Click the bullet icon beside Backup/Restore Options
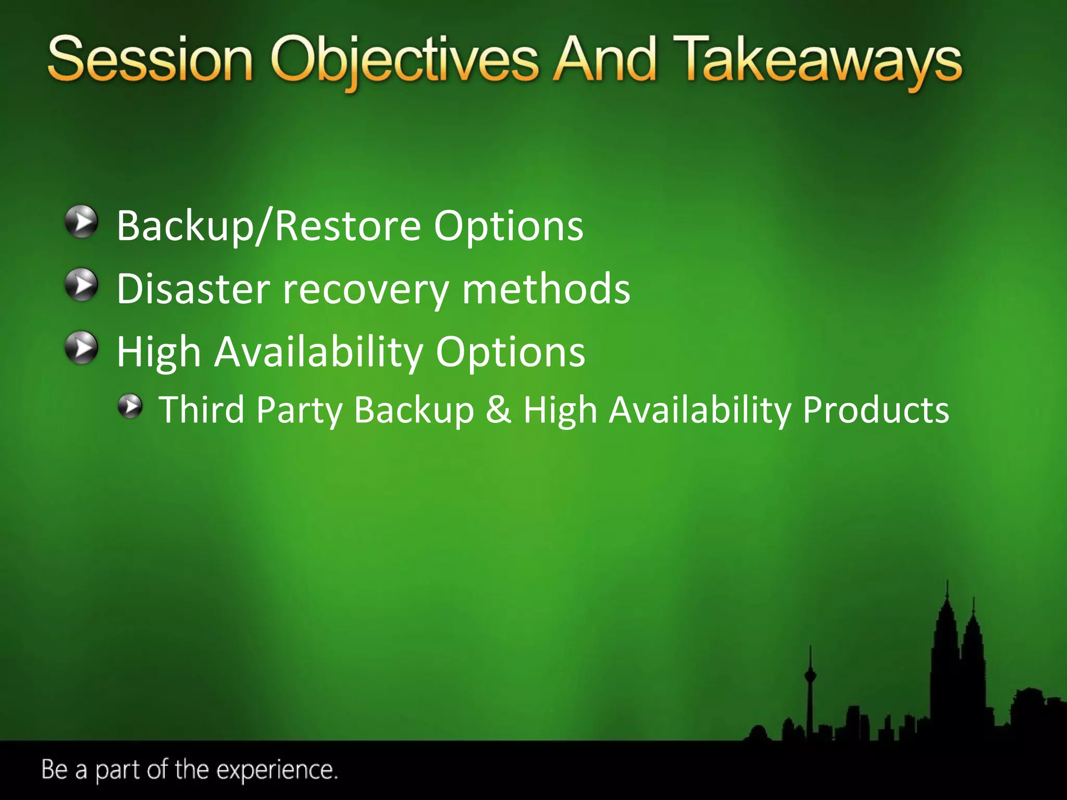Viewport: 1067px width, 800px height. (x=81, y=222)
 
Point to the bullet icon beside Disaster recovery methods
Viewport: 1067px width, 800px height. (x=81, y=285)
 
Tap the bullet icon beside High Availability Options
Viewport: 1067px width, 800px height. (x=81, y=347)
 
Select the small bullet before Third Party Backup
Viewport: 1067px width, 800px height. (x=130, y=406)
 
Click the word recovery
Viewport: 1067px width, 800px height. (x=365, y=290)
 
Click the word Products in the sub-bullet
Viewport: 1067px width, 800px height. (x=876, y=410)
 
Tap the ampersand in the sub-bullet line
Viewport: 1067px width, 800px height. (x=498, y=409)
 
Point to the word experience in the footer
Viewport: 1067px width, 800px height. (x=276, y=770)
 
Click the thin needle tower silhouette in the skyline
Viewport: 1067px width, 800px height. (x=810, y=693)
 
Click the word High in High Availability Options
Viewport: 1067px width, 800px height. (x=158, y=353)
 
